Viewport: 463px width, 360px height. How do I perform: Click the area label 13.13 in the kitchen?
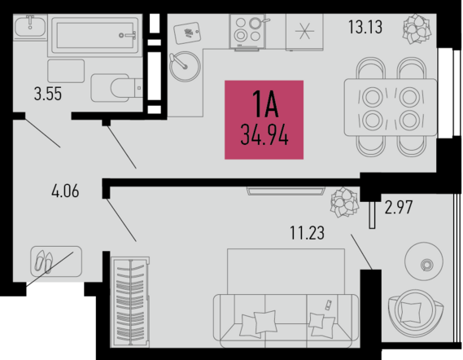(365, 27)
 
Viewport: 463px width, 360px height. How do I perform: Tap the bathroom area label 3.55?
(48, 94)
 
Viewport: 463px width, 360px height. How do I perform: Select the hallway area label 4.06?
(65, 191)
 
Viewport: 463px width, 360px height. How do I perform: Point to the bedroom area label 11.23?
(307, 233)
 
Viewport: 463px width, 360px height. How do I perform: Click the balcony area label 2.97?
(399, 207)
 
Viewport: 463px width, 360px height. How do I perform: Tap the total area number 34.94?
(264, 135)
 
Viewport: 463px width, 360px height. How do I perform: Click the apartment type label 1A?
(265, 103)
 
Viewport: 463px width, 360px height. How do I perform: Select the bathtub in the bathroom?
(94, 36)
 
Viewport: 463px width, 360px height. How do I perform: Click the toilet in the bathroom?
(117, 88)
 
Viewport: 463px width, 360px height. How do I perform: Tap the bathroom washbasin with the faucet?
(29, 27)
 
